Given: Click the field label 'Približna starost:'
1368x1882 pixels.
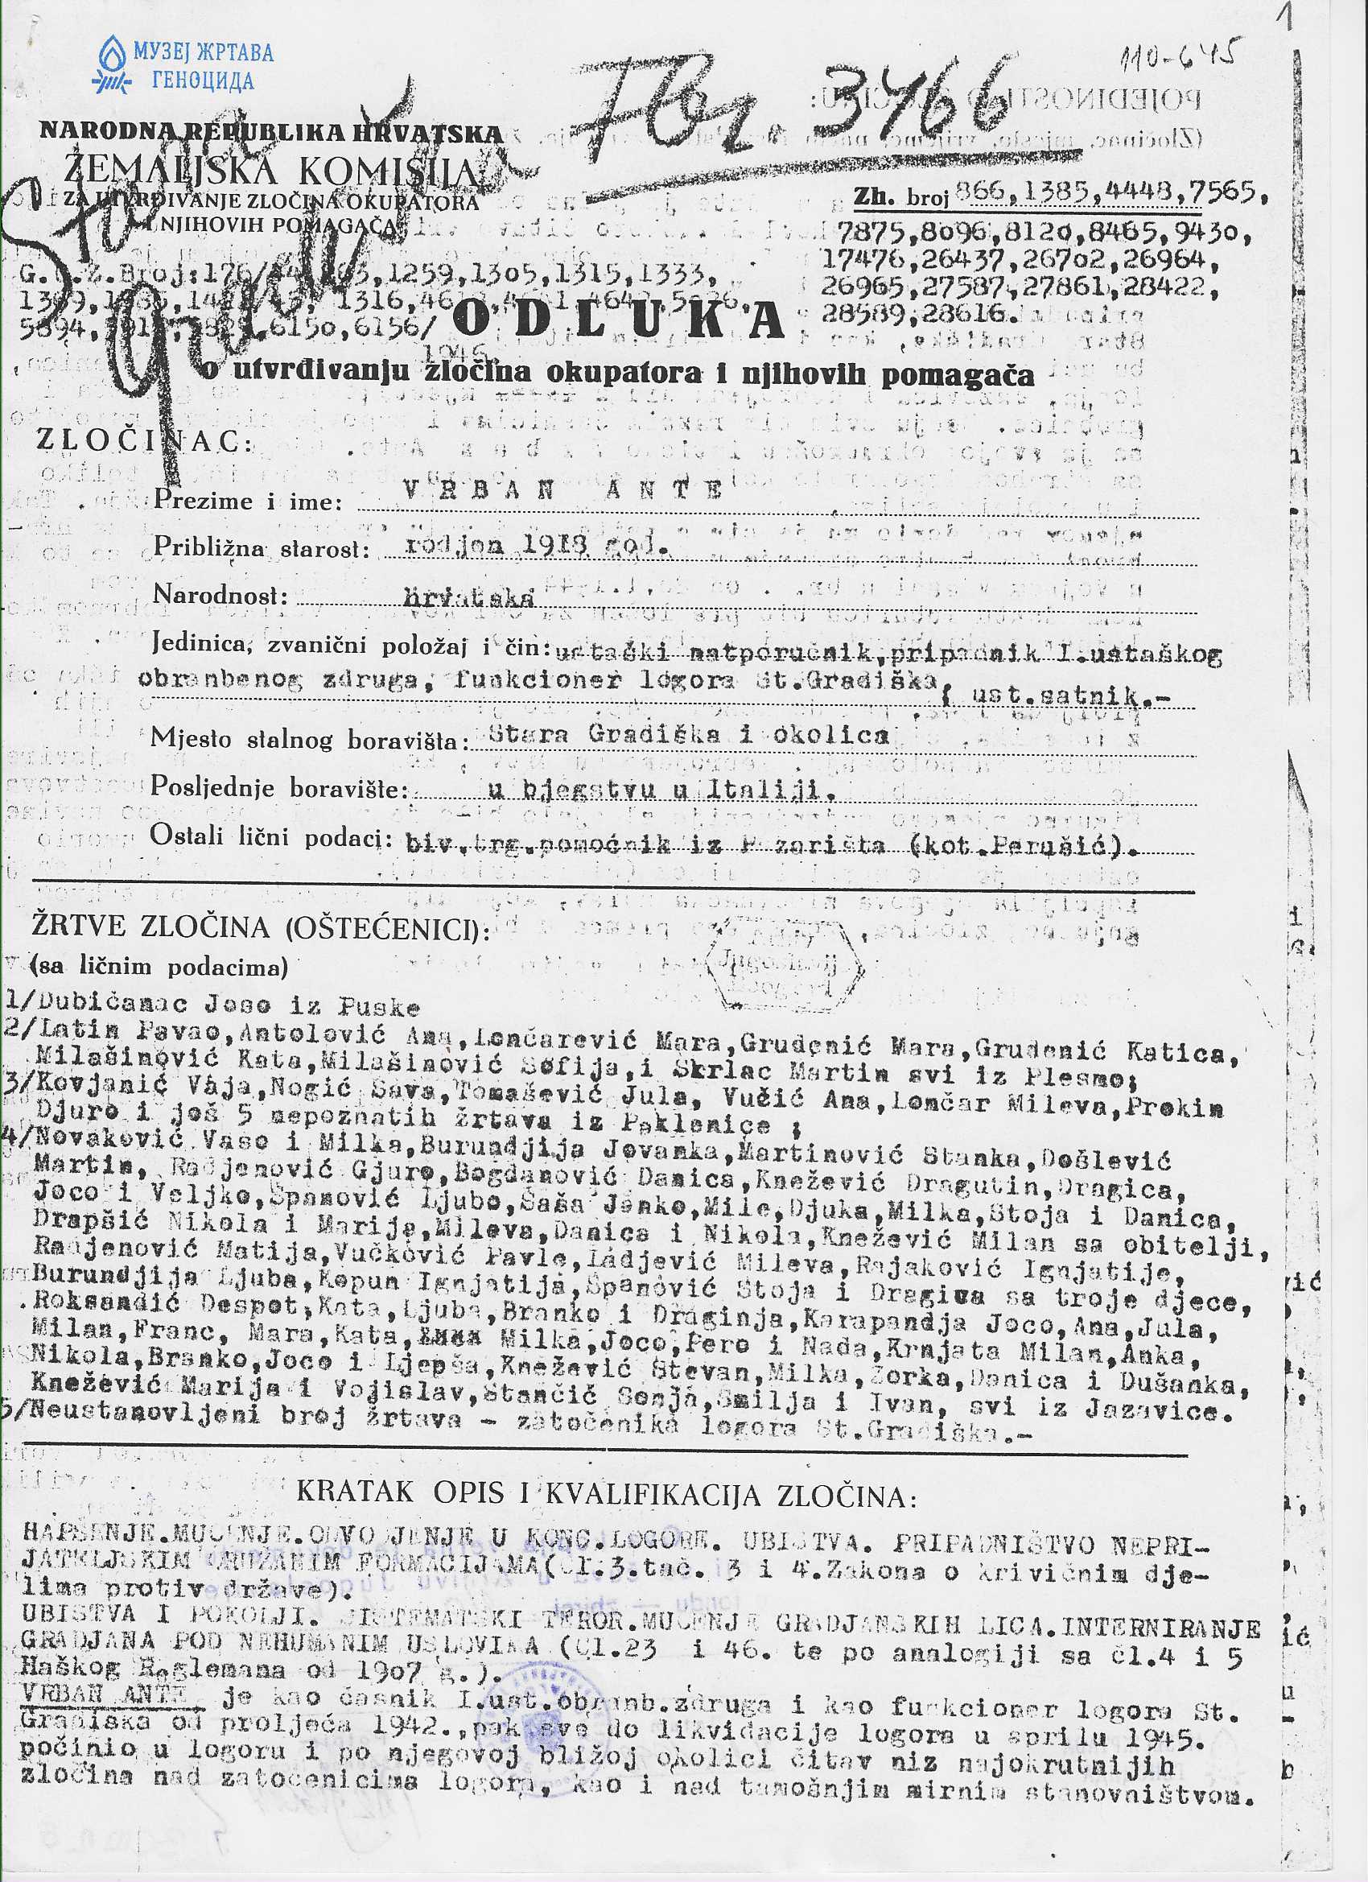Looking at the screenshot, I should click(x=260, y=548).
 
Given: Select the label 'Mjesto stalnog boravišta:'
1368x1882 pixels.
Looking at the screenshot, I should click(x=304, y=741).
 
